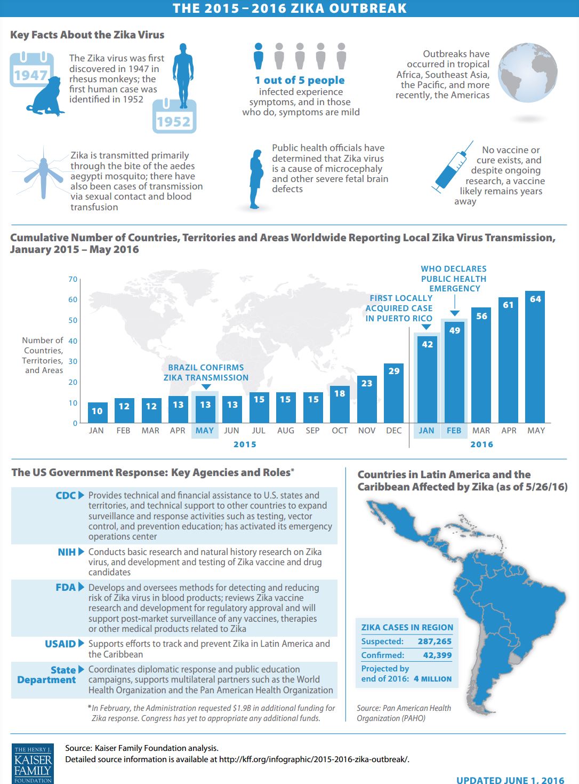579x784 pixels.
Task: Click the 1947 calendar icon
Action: pos(30,69)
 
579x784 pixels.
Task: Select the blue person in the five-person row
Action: pos(259,56)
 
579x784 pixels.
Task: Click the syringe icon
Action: pos(453,168)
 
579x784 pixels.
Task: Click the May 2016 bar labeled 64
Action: pos(535,357)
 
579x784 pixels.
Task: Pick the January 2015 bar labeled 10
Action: pos(97,413)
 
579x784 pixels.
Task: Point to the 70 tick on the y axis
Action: pos(73,279)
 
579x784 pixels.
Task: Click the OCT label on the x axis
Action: pos(340,431)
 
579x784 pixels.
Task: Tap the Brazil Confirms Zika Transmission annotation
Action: pos(206,373)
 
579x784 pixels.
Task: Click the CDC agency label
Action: pos(66,495)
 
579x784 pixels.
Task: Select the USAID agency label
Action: pos(60,644)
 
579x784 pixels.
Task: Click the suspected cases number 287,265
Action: pos(435,642)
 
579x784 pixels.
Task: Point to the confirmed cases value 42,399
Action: pos(437,655)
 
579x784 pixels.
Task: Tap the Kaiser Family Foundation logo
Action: pos(33,763)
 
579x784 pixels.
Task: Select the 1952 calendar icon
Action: pos(174,117)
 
